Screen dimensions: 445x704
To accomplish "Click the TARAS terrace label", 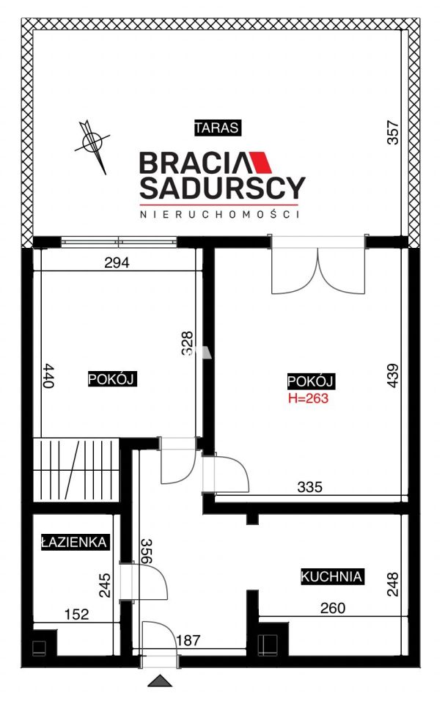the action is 217,128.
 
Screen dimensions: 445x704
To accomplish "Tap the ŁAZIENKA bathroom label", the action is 74,542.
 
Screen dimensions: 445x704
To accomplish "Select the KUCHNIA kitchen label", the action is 331,576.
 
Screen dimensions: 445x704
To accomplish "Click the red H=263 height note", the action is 308,397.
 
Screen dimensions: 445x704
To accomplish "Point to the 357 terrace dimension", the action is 393,132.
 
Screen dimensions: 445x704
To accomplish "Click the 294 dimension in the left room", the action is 117,263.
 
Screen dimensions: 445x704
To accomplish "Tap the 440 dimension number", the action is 49,375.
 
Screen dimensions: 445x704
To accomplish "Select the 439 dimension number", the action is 392,375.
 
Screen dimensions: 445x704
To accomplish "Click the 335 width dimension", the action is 310,486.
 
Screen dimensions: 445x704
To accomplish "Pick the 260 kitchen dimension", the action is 333,608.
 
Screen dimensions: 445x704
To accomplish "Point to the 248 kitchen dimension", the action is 392,584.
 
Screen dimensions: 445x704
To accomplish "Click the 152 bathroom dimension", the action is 77,614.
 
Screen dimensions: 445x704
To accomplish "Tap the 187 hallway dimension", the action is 188,639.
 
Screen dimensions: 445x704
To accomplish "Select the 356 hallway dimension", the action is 147,551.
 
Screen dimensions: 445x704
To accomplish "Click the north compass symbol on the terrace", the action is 92,143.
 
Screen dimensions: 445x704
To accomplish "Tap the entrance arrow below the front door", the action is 161,681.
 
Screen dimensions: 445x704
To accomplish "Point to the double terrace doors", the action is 318,265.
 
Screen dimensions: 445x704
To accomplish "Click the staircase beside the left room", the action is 76,470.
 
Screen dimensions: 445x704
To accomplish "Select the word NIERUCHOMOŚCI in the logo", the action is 220,214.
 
